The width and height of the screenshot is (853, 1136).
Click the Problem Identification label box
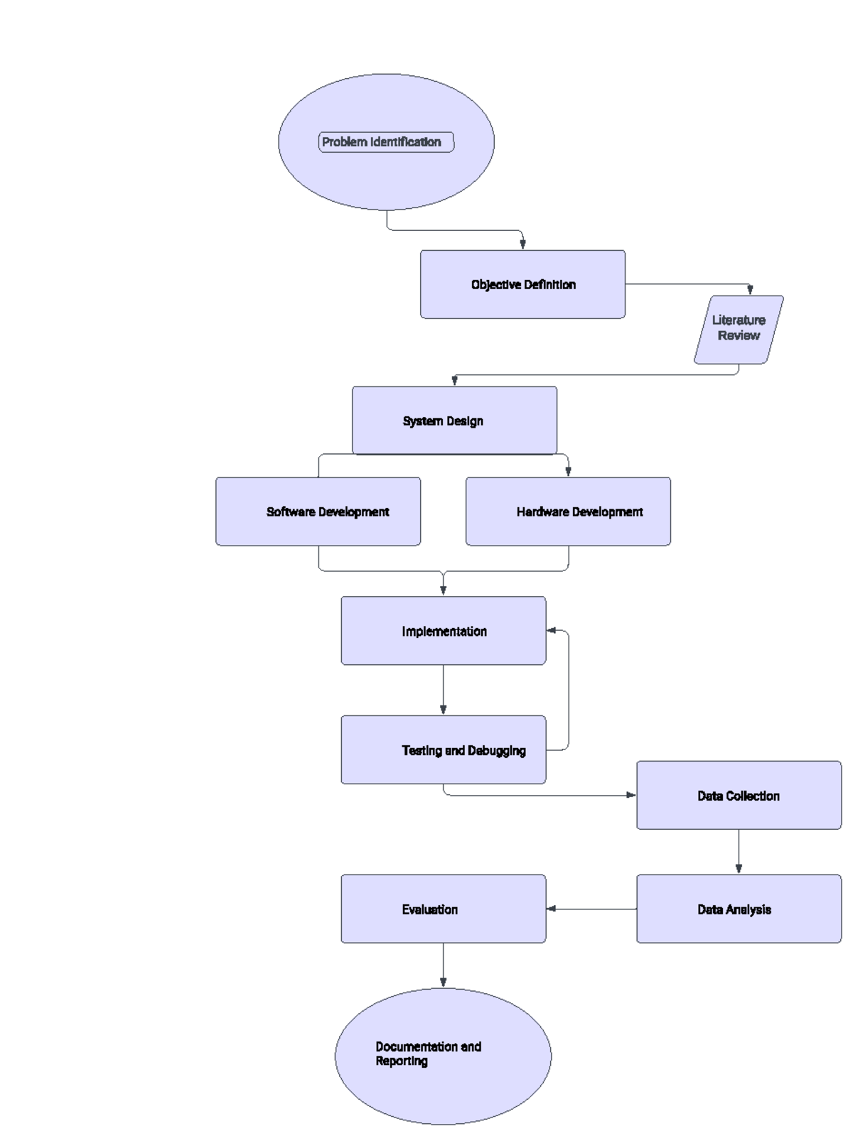[385, 142]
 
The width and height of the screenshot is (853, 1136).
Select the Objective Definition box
[522, 284]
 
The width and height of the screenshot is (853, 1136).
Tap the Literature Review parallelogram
[739, 329]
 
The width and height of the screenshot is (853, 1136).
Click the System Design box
[454, 421]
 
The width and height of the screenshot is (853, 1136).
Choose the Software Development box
[318, 512]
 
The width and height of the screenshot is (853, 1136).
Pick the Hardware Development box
[568, 512]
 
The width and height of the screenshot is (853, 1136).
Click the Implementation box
[443, 631]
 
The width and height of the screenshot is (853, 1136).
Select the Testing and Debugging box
[443, 750]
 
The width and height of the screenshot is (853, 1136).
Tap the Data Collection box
[739, 796]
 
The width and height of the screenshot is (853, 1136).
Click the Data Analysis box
[739, 909]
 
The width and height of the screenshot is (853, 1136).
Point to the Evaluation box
[443, 909]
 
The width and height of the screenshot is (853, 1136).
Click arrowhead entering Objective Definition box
[522, 244]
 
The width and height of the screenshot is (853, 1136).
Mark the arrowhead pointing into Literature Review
[750, 290]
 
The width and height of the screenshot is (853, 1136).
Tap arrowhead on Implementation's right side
[552, 630]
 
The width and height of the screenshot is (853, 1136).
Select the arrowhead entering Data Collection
[631, 795]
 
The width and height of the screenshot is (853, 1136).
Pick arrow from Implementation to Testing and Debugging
[443, 689]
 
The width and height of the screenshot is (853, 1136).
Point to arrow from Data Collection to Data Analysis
[739, 851]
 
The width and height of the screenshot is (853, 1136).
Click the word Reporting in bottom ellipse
[402, 1061]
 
